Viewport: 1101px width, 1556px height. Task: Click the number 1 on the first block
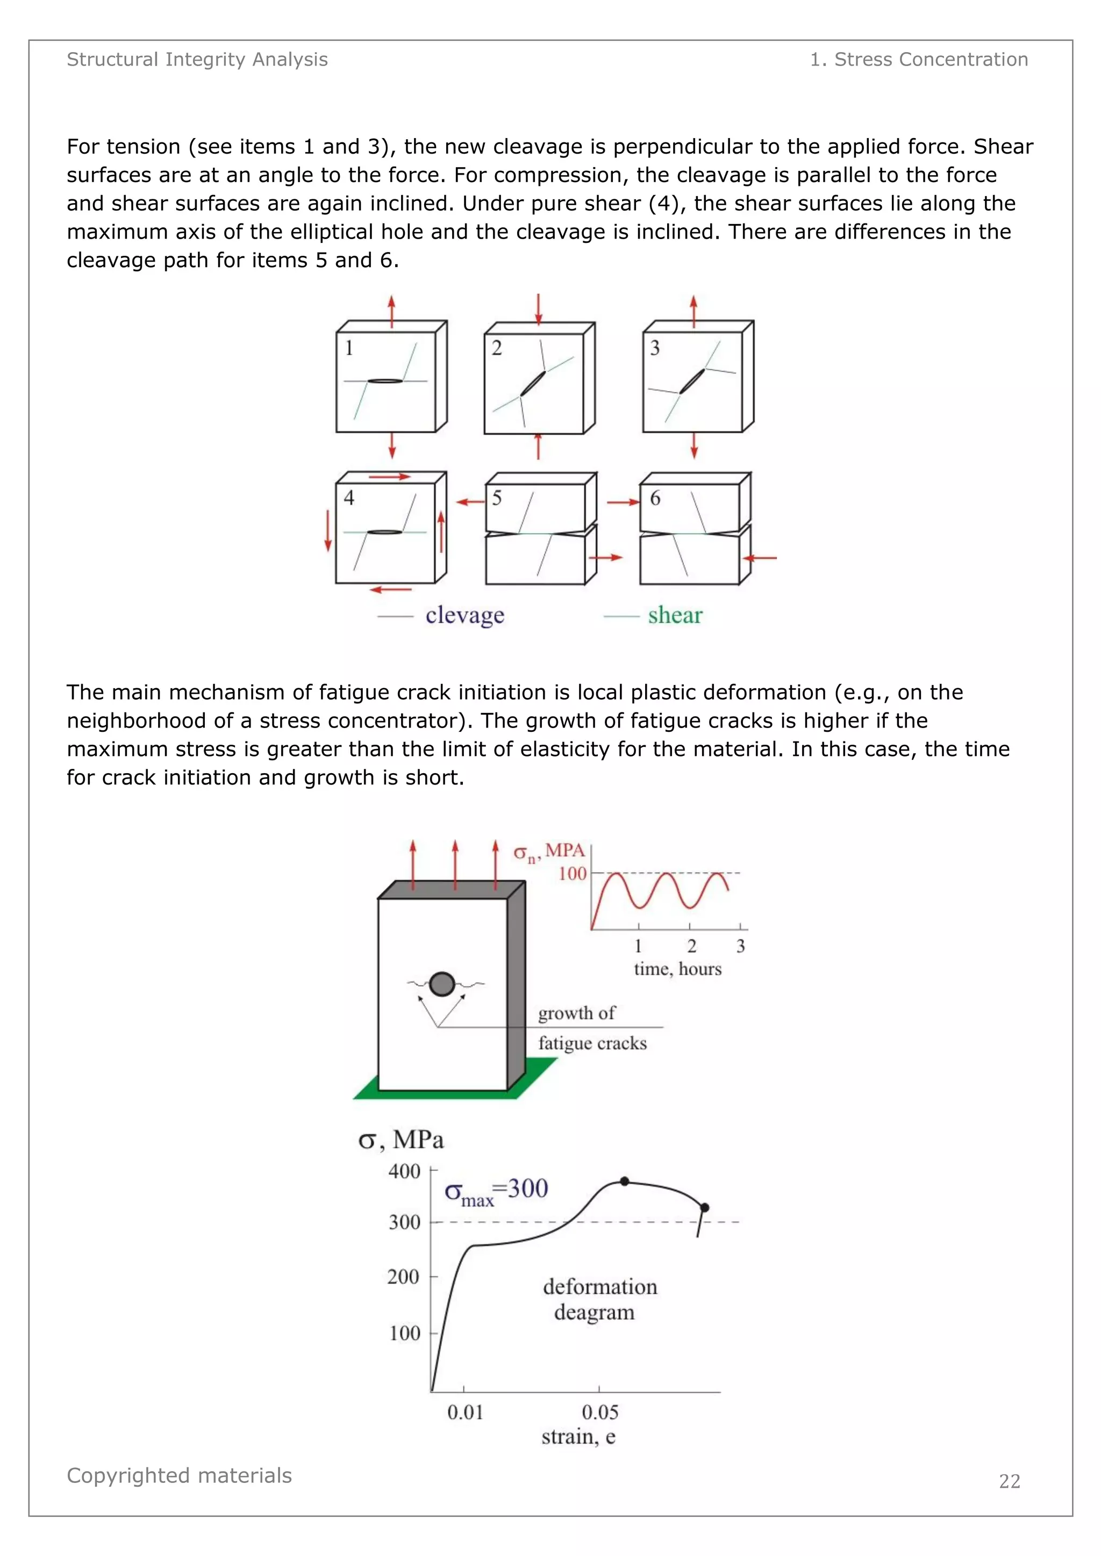point(349,348)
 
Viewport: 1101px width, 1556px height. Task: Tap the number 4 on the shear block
point(349,498)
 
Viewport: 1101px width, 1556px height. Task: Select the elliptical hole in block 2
point(533,383)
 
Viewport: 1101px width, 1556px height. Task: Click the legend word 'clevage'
point(465,615)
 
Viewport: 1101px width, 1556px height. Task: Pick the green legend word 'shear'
point(675,615)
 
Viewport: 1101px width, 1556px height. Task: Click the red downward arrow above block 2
point(538,309)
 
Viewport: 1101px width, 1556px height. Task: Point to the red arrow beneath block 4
point(391,589)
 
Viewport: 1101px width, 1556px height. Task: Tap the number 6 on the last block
point(655,498)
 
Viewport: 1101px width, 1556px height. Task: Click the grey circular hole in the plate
point(442,984)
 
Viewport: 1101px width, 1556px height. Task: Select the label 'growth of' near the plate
point(576,1013)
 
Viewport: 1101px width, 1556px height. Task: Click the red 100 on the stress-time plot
point(572,874)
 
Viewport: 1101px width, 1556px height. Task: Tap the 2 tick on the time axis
point(691,946)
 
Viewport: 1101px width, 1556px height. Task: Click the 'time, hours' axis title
point(677,969)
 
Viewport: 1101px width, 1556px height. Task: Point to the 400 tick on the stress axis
point(404,1171)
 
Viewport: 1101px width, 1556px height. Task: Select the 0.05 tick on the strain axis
point(600,1413)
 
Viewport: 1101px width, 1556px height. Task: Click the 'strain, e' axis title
point(578,1437)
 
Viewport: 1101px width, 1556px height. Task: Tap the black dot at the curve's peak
point(624,1181)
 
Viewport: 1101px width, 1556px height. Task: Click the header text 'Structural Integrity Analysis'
point(197,60)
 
